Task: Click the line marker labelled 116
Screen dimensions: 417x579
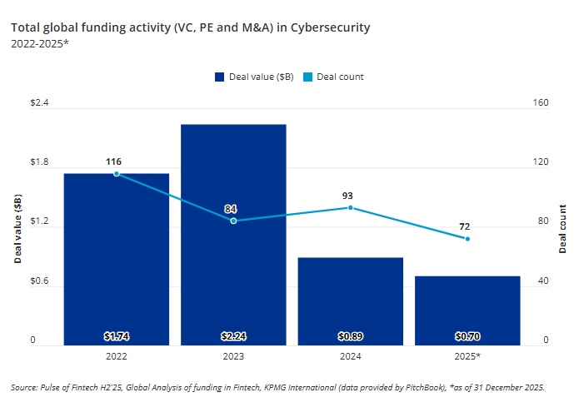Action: pyautogui.click(x=117, y=173)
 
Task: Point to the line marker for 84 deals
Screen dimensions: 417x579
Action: pyautogui.click(x=233, y=221)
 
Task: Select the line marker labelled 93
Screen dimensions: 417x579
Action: pyautogui.click(x=351, y=207)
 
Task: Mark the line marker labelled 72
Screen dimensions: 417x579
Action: pyautogui.click(x=467, y=239)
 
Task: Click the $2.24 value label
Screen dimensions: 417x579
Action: pyautogui.click(x=233, y=337)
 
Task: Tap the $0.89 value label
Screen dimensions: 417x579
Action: pyautogui.click(x=351, y=337)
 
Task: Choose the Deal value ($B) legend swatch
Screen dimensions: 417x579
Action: pyautogui.click(x=220, y=77)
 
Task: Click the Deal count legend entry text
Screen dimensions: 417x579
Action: pyautogui.click(x=342, y=77)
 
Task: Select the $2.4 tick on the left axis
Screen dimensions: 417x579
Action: pyautogui.click(x=39, y=103)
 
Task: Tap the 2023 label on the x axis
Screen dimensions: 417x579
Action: pyautogui.click(x=233, y=355)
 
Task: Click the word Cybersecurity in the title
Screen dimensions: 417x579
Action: pyautogui.click(x=330, y=27)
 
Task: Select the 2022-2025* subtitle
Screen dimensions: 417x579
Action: pyautogui.click(x=40, y=43)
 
